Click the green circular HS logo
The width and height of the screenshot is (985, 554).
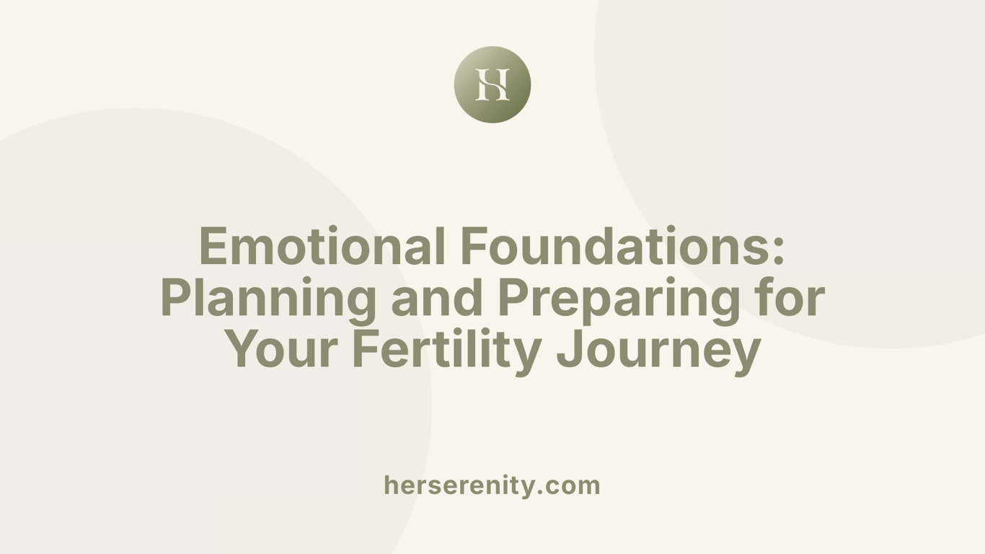[492, 84]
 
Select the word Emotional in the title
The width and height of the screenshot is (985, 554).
[322, 246]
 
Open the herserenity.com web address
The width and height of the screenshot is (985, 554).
[492, 485]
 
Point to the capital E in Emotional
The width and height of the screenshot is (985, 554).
[213, 246]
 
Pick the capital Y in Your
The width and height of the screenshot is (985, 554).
[244, 350]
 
